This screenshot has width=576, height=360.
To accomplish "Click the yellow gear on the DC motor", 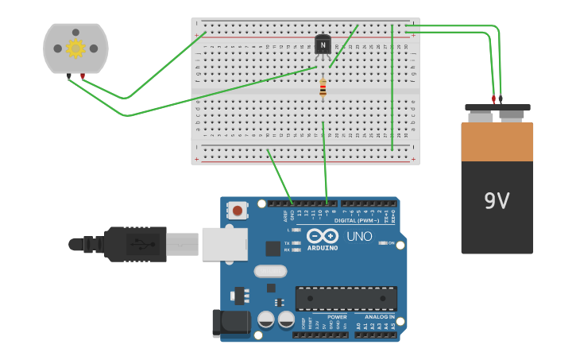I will pyautogui.click(x=75, y=48).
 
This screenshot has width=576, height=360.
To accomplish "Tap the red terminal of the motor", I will pyautogui.click(x=83, y=76).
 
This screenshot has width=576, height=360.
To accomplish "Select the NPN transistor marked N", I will pyautogui.click(x=323, y=46).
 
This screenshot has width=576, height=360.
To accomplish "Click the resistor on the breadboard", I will pyautogui.click(x=323, y=88).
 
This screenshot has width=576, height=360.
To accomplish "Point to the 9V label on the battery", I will pyautogui.click(x=497, y=201).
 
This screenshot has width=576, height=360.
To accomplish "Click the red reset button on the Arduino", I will pyautogui.click(x=237, y=210).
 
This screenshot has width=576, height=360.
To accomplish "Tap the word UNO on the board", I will pyautogui.click(x=359, y=236).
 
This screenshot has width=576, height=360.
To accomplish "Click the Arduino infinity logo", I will pyautogui.click(x=323, y=236).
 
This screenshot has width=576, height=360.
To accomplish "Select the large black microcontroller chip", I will pyautogui.click(x=346, y=299).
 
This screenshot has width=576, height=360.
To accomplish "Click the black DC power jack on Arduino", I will pyautogui.click(x=230, y=322).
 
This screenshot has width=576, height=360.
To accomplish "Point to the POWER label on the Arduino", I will pyautogui.click(x=337, y=316).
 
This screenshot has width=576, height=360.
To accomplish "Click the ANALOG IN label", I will pyautogui.click(x=380, y=316).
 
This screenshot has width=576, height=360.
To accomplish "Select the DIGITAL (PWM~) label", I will pyautogui.click(x=356, y=220).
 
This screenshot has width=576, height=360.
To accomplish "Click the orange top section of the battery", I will pyautogui.click(x=497, y=141).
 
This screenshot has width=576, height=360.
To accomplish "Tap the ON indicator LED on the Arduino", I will pyautogui.click(x=382, y=242).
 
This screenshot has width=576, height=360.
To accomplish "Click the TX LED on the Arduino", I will pyautogui.click(x=296, y=242).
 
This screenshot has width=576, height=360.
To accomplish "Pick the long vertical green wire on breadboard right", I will pyautogui.click(x=392, y=87).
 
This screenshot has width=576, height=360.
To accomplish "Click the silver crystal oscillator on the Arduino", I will pyautogui.click(x=270, y=271).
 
